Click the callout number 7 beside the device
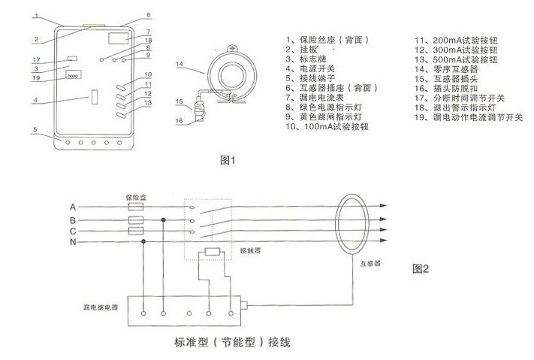(x=149, y=32)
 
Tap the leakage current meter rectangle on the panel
(x=119, y=38)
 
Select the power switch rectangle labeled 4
(x=95, y=97)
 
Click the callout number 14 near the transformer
(x=180, y=64)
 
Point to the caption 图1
(x=228, y=160)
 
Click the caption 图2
(x=421, y=268)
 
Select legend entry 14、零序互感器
(x=446, y=69)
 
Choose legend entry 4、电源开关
(x=310, y=68)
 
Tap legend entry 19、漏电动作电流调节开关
(x=469, y=117)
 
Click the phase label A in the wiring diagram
(x=73, y=207)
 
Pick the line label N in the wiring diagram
(x=73, y=242)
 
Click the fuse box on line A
(x=136, y=207)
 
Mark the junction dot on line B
(x=164, y=220)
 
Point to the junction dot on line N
(x=143, y=241)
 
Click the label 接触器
(x=250, y=250)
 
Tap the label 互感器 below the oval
(x=370, y=263)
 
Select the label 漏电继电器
(x=101, y=307)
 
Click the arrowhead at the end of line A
(x=384, y=206)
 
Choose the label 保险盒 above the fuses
(x=136, y=197)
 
